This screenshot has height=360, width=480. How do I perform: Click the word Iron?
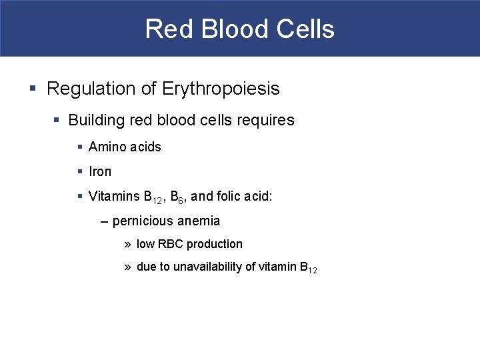(x=100, y=171)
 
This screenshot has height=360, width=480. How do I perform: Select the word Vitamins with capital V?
(x=114, y=196)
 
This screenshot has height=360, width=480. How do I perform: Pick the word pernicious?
(x=142, y=221)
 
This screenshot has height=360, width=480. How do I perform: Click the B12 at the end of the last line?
(x=309, y=268)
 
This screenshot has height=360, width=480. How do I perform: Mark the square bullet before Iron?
(x=80, y=171)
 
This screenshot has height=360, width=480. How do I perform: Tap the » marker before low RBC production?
(x=127, y=244)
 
